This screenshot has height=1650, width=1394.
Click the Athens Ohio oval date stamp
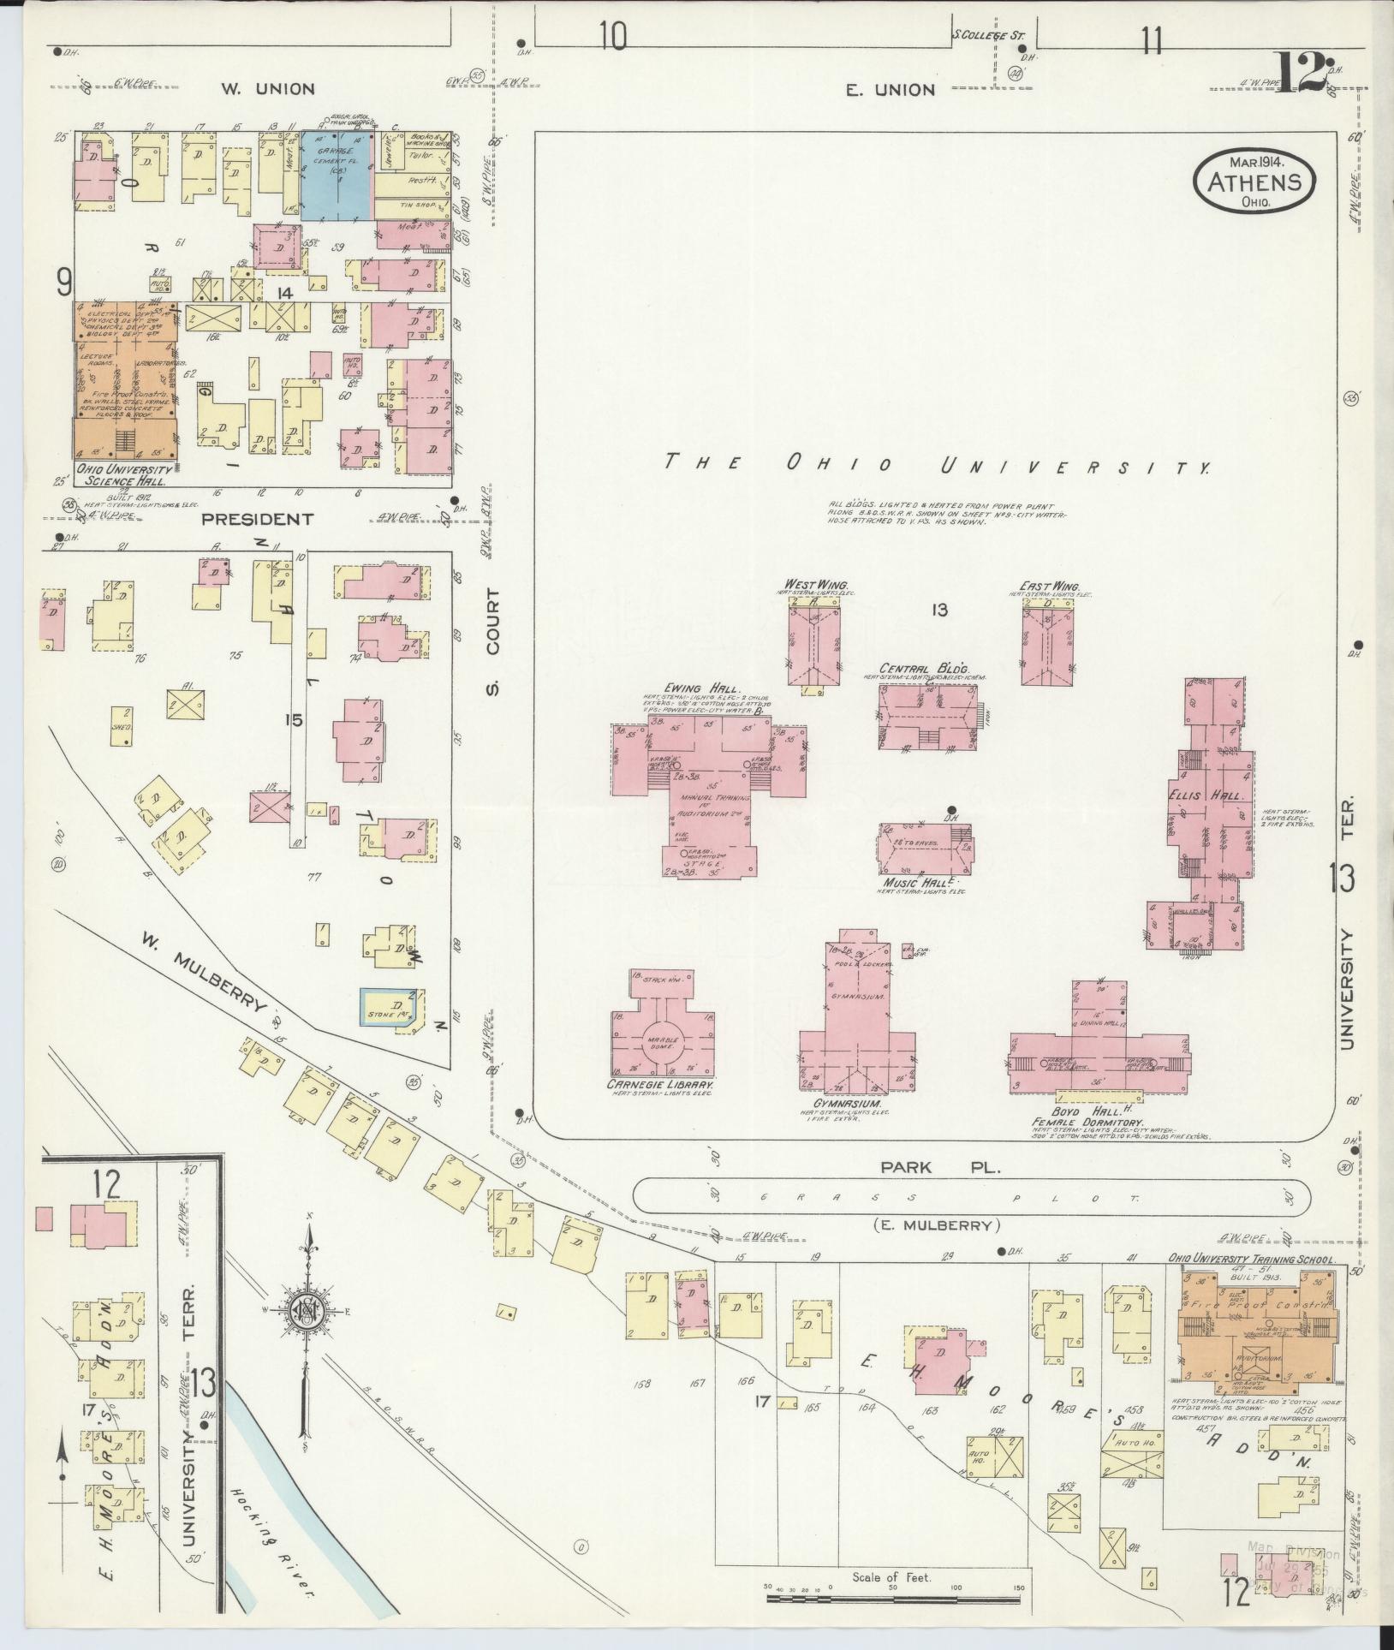(1254, 181)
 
